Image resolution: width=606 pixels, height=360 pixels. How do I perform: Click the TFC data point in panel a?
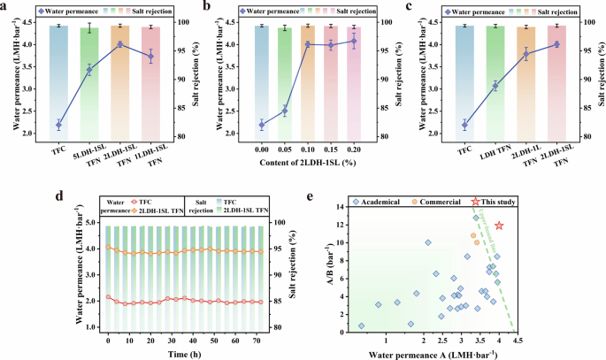[58, 125]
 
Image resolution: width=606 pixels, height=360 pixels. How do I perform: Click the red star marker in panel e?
[500, 226]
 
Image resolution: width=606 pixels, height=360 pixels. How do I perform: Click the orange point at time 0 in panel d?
[108, 247]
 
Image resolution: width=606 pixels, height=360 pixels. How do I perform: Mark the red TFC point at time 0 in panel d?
[108, 297]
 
